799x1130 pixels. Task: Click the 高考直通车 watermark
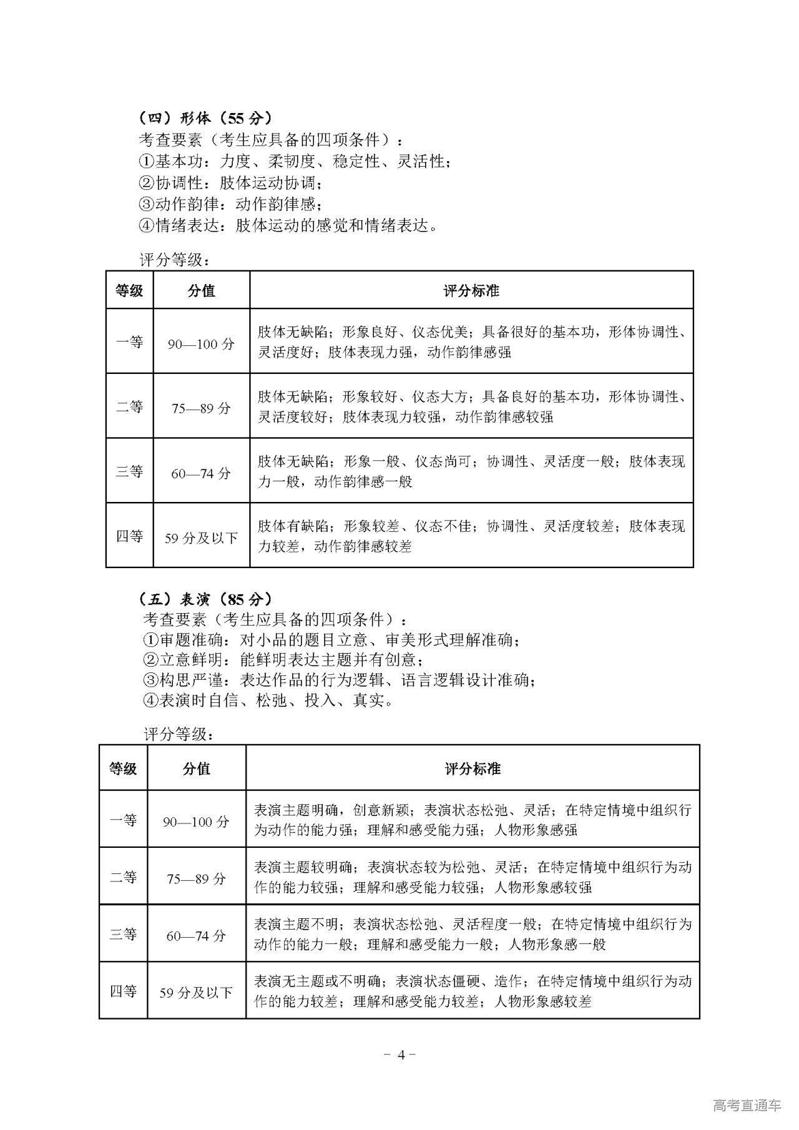tap(747, 1105)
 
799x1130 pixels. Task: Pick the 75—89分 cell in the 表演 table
tap(196, 878)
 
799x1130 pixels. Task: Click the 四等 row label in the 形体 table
tap(129, 536)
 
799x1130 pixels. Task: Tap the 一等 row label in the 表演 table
tap(123, 820)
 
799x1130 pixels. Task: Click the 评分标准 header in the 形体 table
tap(471, 291)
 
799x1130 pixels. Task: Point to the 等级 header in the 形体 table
tap(129, 291)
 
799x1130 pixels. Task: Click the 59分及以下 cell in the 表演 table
tap(196, 993)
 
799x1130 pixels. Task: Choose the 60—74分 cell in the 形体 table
tap(201, 473)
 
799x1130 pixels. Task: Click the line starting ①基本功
tap(294, 162)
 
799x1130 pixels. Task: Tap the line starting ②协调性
tap(231, 184)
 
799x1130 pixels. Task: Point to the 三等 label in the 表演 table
tap(123, 935)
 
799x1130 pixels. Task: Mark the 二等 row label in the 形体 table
tap(129, 407)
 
